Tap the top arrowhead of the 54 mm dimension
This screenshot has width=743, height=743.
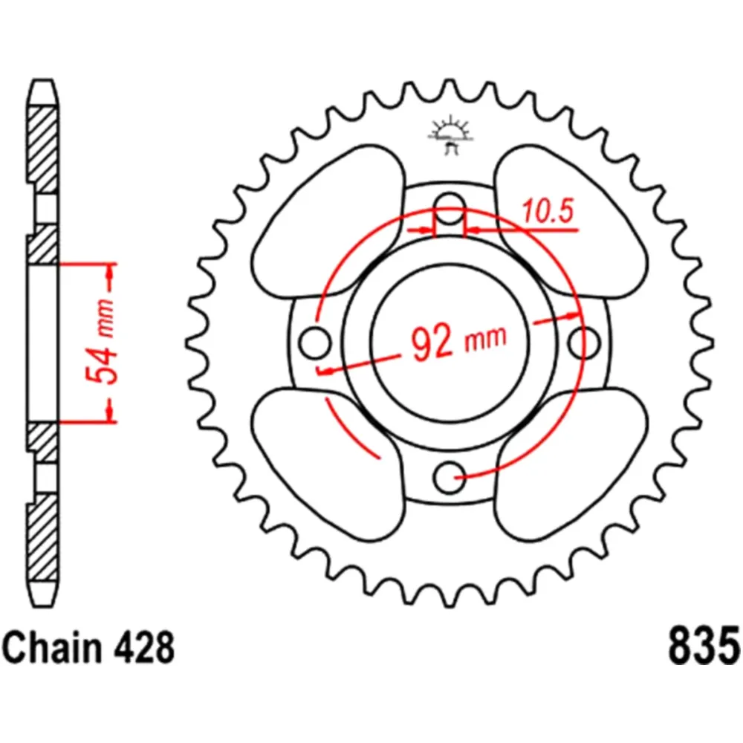click(x=110, y=279)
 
